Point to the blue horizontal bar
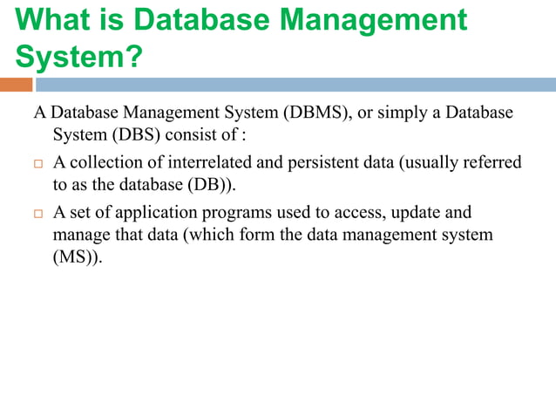coord(296,85)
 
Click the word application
coord(146,213)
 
